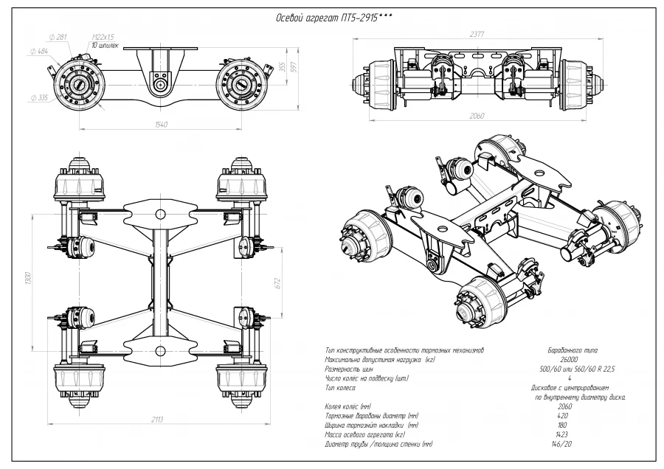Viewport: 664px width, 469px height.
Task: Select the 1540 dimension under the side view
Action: [161, 124]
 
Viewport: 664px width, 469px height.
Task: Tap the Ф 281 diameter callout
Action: [57, 37]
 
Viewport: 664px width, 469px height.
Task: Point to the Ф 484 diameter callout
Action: [39, 51]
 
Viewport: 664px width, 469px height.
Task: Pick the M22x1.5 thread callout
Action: [103, 37]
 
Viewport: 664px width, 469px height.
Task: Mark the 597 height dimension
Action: [293, 67]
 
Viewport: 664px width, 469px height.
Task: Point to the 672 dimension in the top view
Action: [277, 284]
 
